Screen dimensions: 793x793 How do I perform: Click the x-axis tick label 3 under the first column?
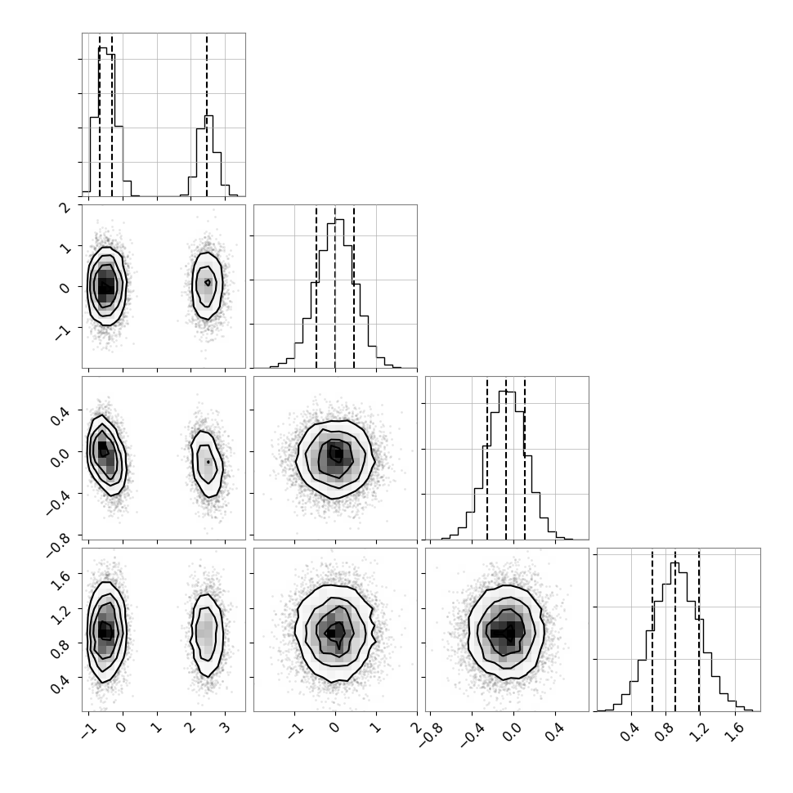point(225,728)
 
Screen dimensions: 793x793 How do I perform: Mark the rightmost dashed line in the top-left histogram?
point(207,115)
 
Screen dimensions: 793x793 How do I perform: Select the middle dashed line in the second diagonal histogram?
point(335,287)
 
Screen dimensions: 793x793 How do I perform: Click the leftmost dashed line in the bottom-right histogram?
point(652,630)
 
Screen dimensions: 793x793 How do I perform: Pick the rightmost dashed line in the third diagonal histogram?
point(525,459)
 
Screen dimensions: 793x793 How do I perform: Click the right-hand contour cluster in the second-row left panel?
point(207,286)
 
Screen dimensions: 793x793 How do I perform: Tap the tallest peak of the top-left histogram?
point(103,47)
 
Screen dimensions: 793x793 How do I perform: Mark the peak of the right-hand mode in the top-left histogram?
point(208,116)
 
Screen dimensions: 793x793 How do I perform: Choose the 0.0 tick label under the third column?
point(512,732)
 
